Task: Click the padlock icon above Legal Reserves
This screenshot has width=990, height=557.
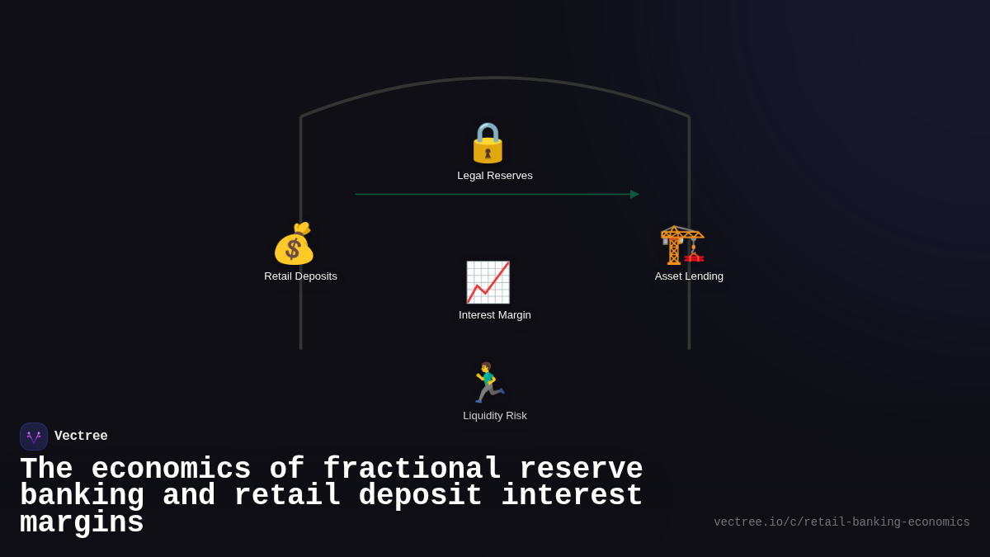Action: (x=488, y=143)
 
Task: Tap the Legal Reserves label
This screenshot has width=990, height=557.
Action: (x=495, y=176)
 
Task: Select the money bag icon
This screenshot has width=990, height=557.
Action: (x=294, y=243)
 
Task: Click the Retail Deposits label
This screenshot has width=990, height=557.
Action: (x=300, y=276)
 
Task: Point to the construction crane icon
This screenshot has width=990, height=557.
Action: (x=682, y=244)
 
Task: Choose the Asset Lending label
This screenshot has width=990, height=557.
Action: (x=689, y=276)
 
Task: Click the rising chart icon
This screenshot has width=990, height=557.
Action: (x=488, y=282)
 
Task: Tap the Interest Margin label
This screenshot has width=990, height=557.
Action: (x=495, y=315)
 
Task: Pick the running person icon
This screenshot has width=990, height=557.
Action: (x=488, y=383)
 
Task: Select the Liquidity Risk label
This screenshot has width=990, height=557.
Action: (x=495, y=416)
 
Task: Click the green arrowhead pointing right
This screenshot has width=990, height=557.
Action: (x=634, y=195)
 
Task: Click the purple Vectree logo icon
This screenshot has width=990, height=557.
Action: (x=34, y=437)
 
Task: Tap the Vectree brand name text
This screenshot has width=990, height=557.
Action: (x=81, y=437)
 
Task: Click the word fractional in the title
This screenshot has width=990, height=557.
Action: (x=412, y=470)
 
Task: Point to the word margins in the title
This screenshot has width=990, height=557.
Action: (x=82, y=523)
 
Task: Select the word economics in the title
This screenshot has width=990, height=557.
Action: (x=171, y=470)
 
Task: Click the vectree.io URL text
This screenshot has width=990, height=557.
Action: (x=841, y=522)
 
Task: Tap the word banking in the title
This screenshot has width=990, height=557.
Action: (x=82, y=496)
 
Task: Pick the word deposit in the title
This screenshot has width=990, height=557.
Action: (x=421, y=496)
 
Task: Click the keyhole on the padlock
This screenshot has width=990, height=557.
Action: (x=488, y=153)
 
